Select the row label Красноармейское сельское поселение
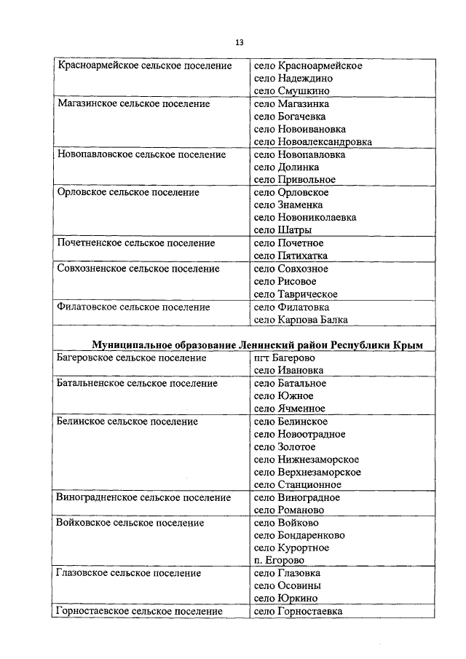coord(144,66)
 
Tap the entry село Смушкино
coord(292,91)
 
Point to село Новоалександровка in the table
coord(313,142)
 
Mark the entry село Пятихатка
coord(291,256)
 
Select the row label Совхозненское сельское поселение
coord(138,269)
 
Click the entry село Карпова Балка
coord(301,319)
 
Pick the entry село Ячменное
coord(290,409)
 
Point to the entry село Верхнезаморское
coord(307,472)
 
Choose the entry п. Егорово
coord(280,561)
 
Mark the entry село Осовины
coord(288,585)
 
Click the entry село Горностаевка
coord(298,612)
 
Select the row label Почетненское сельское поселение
coord(135,242)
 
